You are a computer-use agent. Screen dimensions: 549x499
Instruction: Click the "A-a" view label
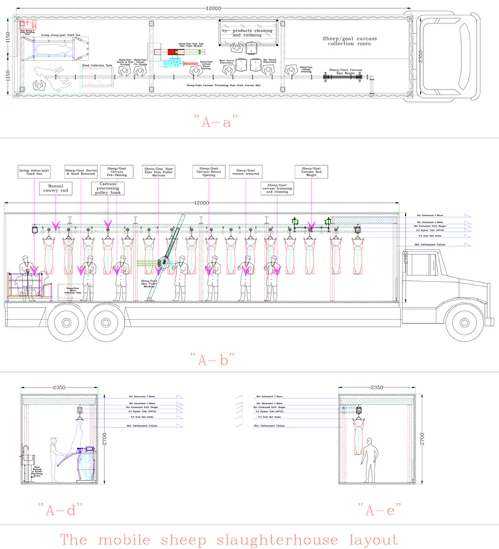point(216,123)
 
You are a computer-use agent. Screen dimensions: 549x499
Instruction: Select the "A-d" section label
point(64,510)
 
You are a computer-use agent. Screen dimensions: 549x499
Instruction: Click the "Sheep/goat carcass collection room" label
point(349,43)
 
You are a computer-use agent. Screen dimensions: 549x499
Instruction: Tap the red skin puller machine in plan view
point(179,52)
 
